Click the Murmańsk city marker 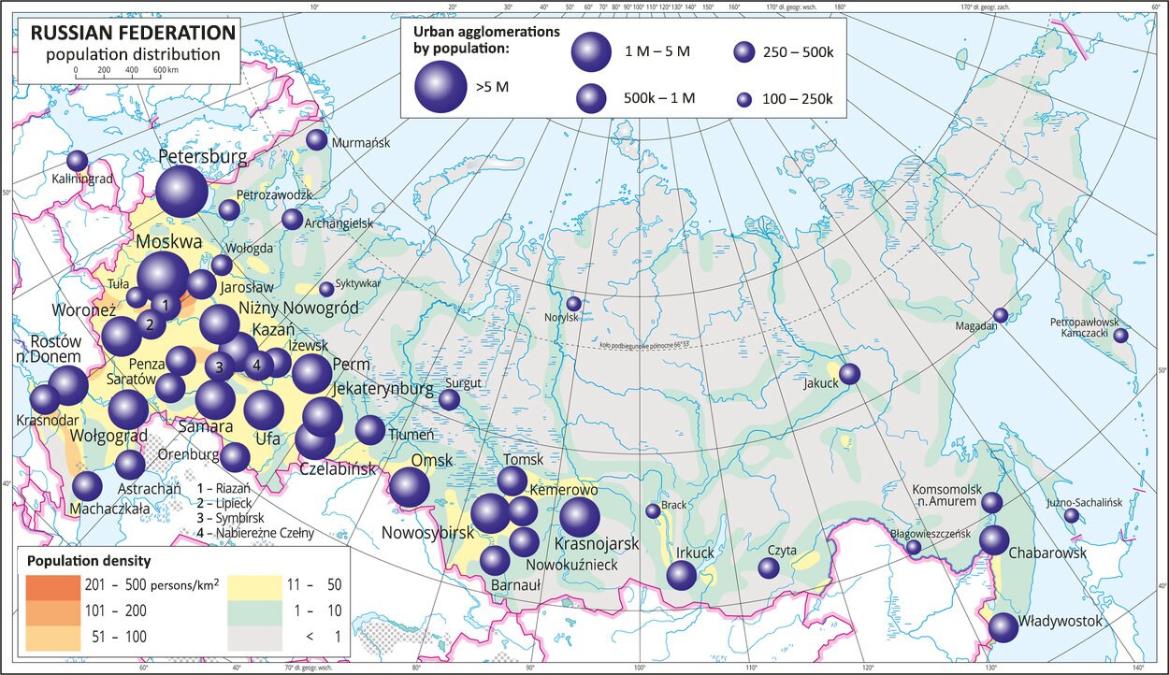pyautogui.click(x=317, y=140)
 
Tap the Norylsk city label pyautogui.click(x=568, y=317)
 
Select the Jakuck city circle pyautogui.click(x=849, y=374)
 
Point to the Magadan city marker pyautogui.click(x=1001, y=315)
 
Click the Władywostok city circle pyautogui.click(x=1003, y=627)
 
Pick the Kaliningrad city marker pyautogui.click(x=77, y=160)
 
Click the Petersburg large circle pyautogui.click(x=181, y=192)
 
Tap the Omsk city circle pyautogui.click(x=410, y=487)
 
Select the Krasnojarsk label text pyautogui.click(x=597, y=543)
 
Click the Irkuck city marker pyautogui.click(x=682, y=575)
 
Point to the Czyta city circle pyautogui.click(x=769, y=567)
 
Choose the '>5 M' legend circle pyautogui.click(x=440, y=87)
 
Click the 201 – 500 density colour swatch pyautogui.click(x=52, y=585)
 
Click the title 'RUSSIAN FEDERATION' pyautogui.click(x=134, y=33)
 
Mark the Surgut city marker pyautogui.click(x=450, y=399)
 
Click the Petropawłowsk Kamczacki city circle pyautogui.click(x=1120, y=336)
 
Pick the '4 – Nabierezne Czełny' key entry pyautogui.click(x=255, y=533)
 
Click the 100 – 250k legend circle pyautogui.click(x=744, y=99)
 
